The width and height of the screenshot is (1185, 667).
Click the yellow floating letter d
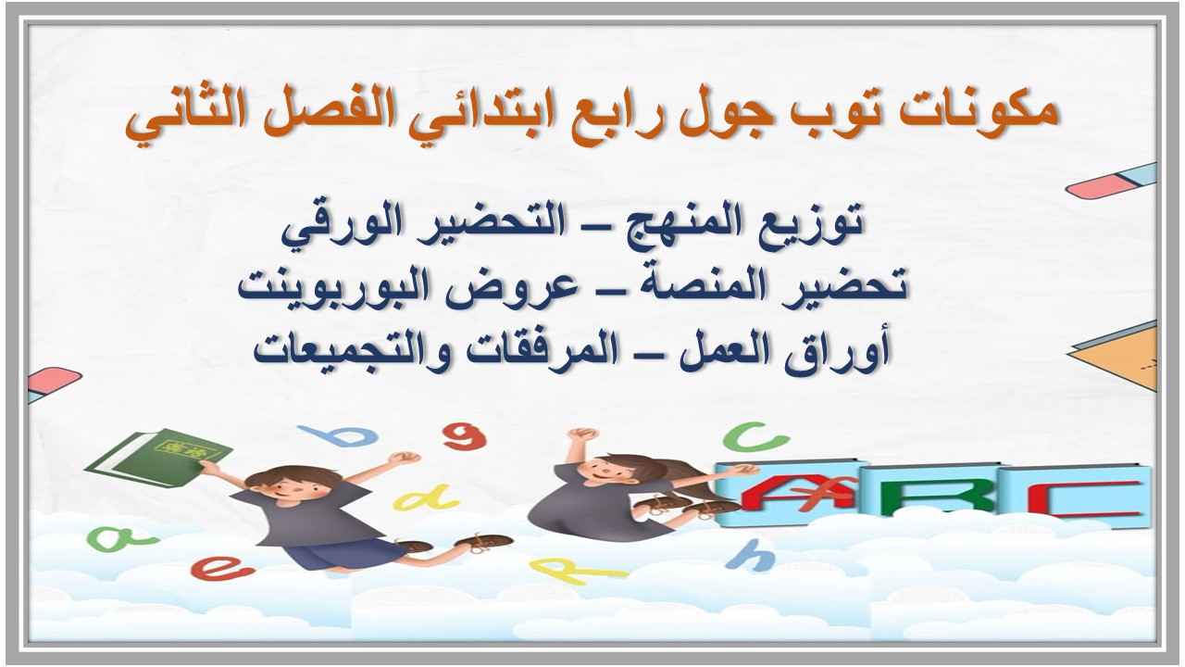click(426, 499)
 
